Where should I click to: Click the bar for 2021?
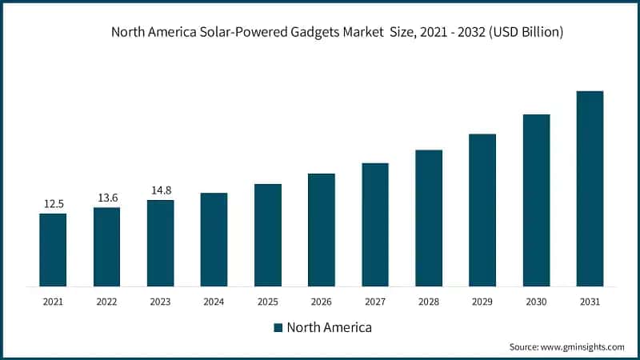53,250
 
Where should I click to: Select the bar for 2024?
214,239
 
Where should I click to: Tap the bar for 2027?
375,224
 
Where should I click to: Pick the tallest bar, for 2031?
590,188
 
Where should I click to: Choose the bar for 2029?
482,210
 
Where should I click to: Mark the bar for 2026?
322,230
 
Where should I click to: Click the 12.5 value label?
53,204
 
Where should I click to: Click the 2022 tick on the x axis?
106,302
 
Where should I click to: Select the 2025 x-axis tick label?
268,302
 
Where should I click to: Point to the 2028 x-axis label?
429,302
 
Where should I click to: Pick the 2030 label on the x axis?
536,302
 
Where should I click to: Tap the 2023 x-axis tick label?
160,302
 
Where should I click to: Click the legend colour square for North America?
278,327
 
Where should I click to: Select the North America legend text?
329,327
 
